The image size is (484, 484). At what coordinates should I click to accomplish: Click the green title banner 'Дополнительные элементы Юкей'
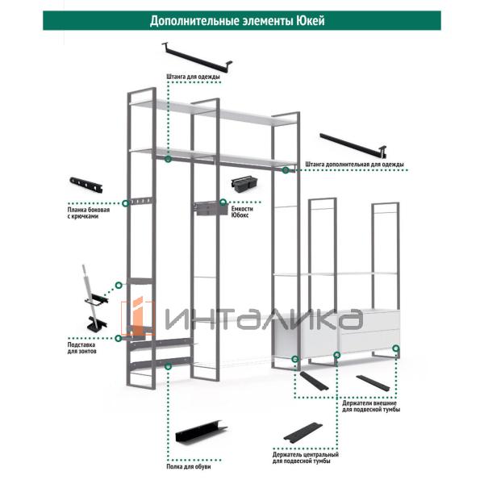point(242,21)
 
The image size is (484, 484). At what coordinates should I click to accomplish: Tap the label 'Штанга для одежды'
point(194,77)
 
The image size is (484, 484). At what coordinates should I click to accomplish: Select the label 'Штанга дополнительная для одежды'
point(354,165)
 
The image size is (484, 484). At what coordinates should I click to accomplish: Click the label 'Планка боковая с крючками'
point(89,213)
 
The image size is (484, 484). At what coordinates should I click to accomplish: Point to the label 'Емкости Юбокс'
point(242,211)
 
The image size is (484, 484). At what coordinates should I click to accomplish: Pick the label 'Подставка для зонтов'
point(81,348)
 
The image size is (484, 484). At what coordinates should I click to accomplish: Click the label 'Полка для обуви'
point(189,466)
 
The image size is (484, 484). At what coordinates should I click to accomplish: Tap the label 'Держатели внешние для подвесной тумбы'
point(371,407)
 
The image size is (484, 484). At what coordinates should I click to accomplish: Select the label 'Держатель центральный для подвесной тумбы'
point(305,457)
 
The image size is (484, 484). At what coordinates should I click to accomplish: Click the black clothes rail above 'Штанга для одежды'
point(197,58)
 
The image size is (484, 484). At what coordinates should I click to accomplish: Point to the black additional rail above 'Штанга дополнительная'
point(353,145)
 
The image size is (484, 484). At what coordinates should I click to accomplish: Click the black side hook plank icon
point(86,185)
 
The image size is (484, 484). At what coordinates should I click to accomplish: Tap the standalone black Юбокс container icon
point(244,183)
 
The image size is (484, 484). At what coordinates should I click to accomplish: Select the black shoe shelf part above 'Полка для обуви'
point(201,432)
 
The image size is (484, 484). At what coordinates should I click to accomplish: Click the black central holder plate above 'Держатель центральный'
point(303,432)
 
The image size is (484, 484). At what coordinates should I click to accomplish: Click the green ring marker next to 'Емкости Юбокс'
point(223,202)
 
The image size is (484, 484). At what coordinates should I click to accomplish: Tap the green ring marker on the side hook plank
point(126,203)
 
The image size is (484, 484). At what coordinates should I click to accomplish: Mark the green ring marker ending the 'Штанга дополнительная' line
point(286,169)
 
